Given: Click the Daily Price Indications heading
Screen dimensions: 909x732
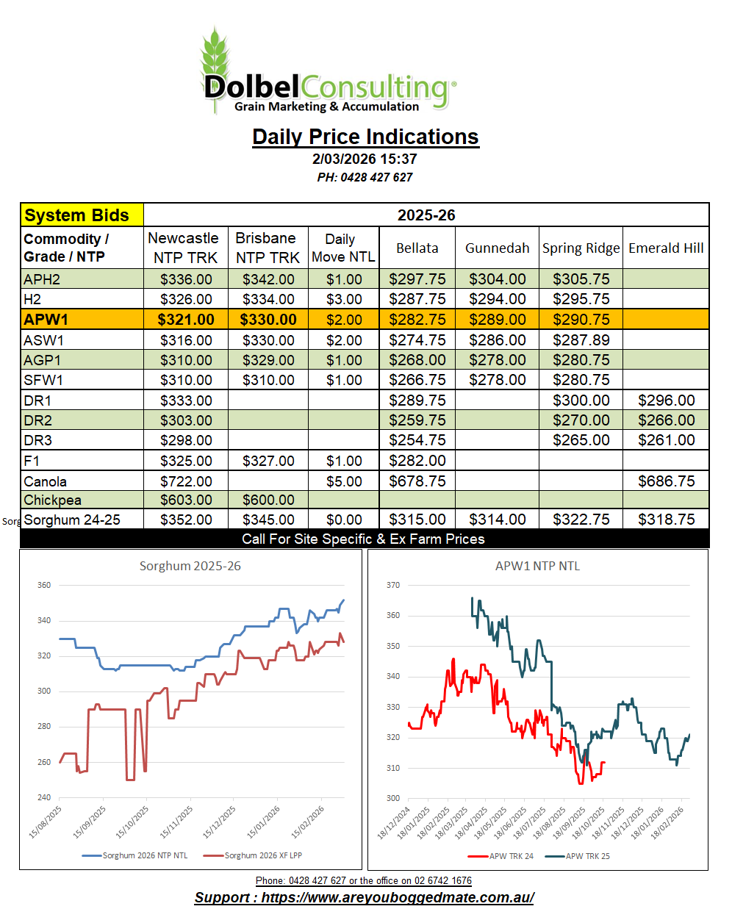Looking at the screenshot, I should click(365, 137).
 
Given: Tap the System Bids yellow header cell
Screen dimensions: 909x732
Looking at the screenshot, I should click(81, 215).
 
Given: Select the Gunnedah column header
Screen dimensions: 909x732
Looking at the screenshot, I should click(497, 248).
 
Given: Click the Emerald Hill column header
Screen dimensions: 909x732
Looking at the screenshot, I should click(666, 248).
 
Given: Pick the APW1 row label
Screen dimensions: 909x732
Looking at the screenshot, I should click(46, 320).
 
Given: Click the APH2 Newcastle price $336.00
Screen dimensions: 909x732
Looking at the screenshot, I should click(186, 279).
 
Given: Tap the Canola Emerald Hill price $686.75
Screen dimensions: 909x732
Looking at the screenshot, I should click(666, 481).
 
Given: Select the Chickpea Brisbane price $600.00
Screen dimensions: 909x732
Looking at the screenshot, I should click(268, 500).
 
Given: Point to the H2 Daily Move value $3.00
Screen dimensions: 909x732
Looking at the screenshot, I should click(344, 299).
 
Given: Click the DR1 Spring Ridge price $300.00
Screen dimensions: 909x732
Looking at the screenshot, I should click(581, 400).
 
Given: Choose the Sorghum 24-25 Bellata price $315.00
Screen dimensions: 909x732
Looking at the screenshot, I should click(417, 520).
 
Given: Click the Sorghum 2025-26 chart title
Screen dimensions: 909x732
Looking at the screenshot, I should click(190, 566).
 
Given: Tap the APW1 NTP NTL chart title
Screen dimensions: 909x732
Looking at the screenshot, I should click(537, 566).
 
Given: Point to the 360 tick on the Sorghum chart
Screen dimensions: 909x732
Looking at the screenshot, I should click(44, 586).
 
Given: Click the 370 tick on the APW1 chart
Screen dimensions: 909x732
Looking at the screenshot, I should click(393, 586).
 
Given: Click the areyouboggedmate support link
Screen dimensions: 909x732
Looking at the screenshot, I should click(397, 897).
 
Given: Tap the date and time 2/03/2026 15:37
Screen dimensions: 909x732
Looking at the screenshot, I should click(365, 159).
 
